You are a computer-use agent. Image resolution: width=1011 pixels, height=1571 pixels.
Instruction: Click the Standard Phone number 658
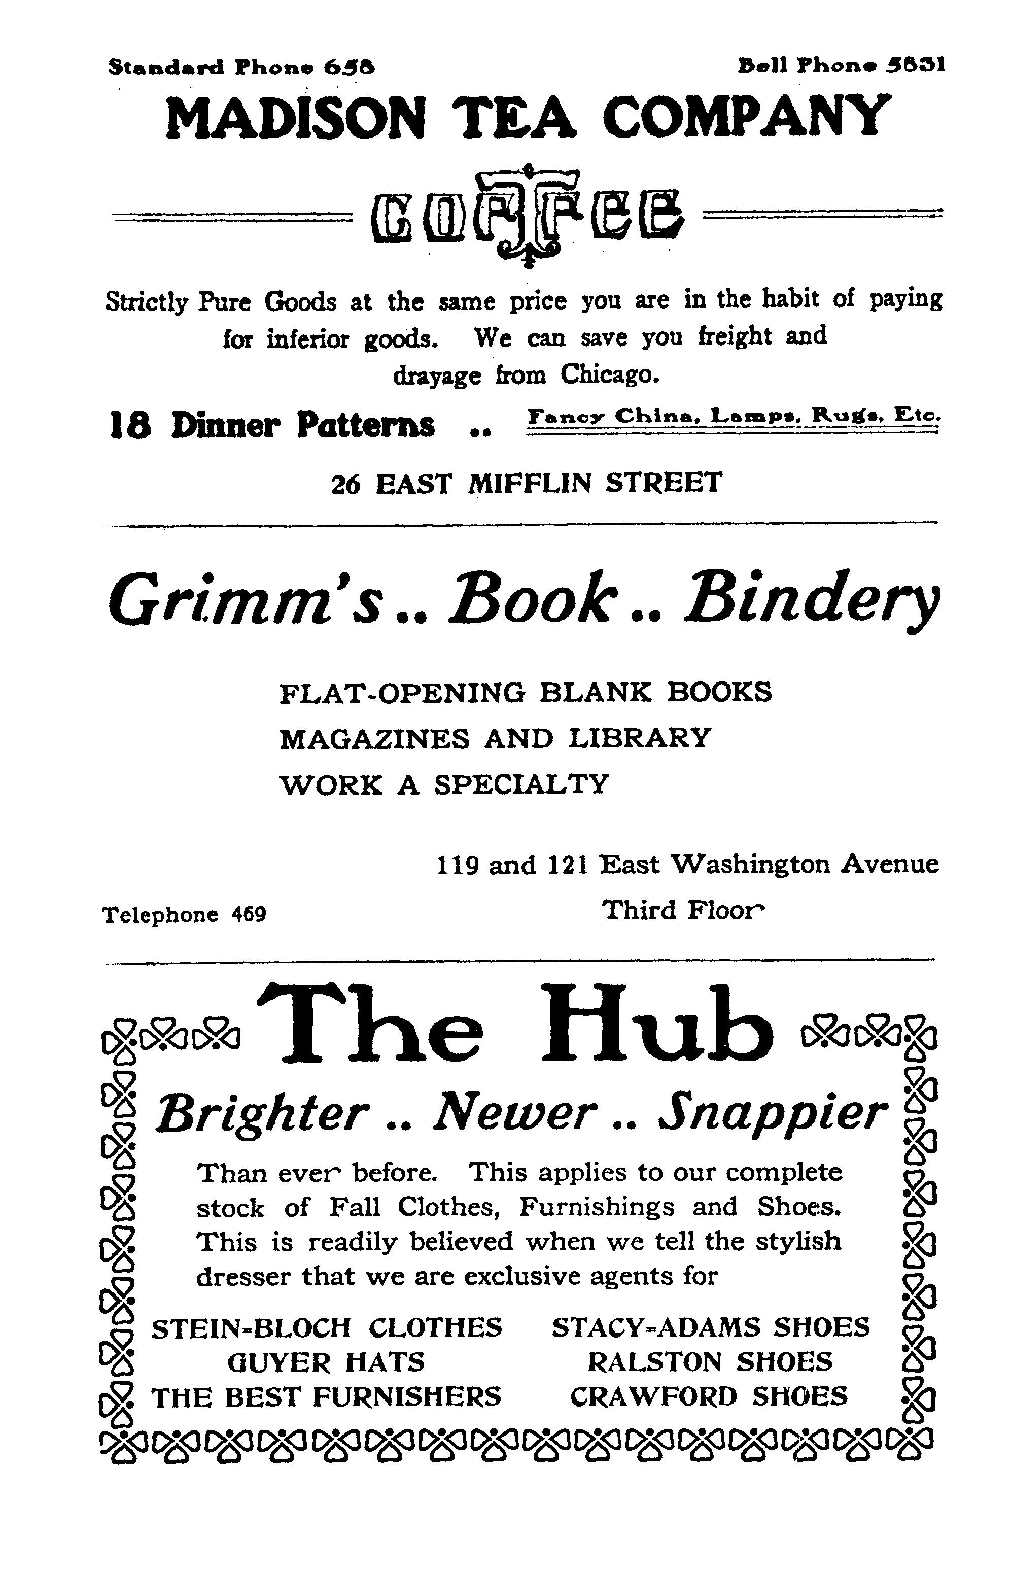[350, 67]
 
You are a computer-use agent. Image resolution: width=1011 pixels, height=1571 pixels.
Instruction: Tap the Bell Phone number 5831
[915, 65]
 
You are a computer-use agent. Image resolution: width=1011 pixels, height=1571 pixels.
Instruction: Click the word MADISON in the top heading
[295, 118]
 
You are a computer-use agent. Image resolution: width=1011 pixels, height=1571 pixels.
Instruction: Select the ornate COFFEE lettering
[527, 216]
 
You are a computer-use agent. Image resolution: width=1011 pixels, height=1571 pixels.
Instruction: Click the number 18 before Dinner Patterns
[129, 425]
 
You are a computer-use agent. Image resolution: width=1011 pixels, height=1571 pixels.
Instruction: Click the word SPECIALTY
[521, 784]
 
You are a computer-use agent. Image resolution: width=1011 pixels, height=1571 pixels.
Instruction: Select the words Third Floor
[683, 910]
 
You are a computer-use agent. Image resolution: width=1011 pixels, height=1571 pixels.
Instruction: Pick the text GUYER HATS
[326, 1362]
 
